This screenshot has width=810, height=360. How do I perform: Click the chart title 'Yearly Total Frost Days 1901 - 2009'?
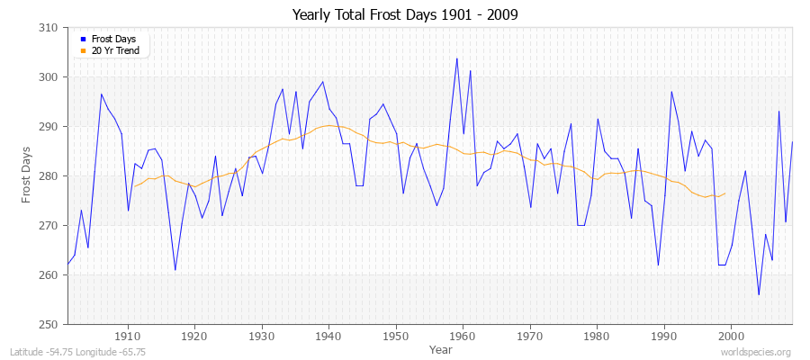point(405,15)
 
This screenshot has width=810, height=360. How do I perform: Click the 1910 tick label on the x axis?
point(128,336)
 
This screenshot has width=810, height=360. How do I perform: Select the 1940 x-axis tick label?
point(328,336)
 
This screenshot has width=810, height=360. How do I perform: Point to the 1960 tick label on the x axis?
point(463,336)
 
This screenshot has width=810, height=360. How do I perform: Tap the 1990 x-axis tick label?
point(663,336)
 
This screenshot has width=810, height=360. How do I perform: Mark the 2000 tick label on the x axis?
point(730,336)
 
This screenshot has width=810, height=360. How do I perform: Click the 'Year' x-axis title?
point(441,348)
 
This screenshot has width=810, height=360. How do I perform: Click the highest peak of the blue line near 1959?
point(456,58)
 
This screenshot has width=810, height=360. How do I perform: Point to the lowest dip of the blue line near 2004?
point(759,294)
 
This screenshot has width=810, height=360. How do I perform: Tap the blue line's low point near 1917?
point(175,270)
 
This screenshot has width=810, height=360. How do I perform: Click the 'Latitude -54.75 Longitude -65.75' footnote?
point(76,352)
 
